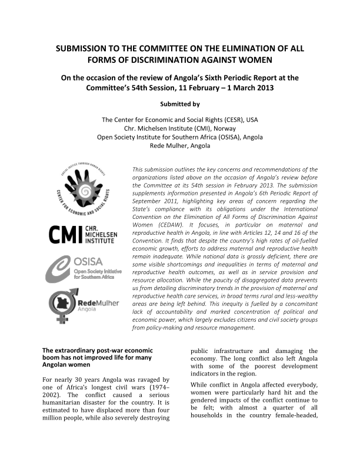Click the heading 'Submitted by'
pyautogui.click(x=180, y=104)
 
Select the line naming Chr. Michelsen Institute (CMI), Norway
pyautogui.click(x=180, y=128)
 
